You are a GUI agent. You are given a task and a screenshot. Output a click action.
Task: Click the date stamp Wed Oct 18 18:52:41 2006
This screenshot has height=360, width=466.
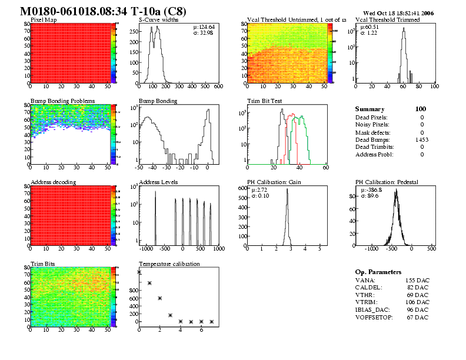[x=398, y=12]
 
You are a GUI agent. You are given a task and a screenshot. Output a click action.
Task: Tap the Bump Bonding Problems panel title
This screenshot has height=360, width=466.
[x=62, y=101]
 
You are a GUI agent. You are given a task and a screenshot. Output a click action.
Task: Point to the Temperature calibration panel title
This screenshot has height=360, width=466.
[x=169, y=264]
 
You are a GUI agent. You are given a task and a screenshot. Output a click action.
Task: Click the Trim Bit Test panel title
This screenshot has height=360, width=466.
[x=264, y=101]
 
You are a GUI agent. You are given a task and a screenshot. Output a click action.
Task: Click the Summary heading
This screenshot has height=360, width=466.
[x=370, y=109]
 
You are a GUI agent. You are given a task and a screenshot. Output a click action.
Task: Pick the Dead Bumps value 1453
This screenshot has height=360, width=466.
[x=421, y=139]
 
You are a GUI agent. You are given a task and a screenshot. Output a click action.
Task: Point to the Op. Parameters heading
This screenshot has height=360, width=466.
[x=378, y=272]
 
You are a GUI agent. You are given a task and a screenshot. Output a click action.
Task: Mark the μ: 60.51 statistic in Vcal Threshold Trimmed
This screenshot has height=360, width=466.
[x=369, y=27]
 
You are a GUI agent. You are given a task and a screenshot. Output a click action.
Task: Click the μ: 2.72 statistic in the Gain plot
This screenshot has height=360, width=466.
[x=259, y=190]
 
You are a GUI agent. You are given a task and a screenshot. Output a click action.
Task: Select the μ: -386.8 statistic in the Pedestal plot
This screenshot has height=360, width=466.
[x=372, y=190]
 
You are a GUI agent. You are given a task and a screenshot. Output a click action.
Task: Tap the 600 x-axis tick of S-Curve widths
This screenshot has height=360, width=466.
[x=219, y=86]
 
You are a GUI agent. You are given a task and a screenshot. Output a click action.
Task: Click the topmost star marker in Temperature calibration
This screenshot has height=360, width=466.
[x=139, y=272]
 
